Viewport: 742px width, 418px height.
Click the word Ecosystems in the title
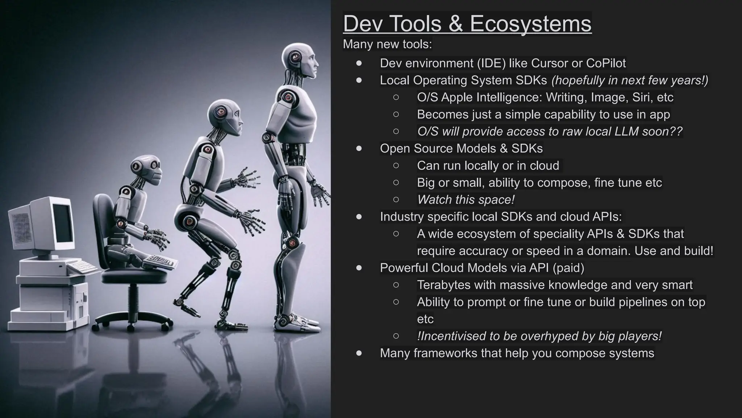click(x=530, y=24)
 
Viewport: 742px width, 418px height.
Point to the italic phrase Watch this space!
click(x=466, y=200)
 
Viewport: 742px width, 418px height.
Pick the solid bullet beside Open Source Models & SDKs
click(x=359, y=148)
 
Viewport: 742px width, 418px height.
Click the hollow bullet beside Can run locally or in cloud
click(x=396, y=165)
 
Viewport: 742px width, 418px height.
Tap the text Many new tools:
click(x=387, y=44)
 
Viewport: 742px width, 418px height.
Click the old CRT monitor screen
click(x=62, y=222)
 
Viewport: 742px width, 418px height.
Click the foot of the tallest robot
click(x=295, y=323)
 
